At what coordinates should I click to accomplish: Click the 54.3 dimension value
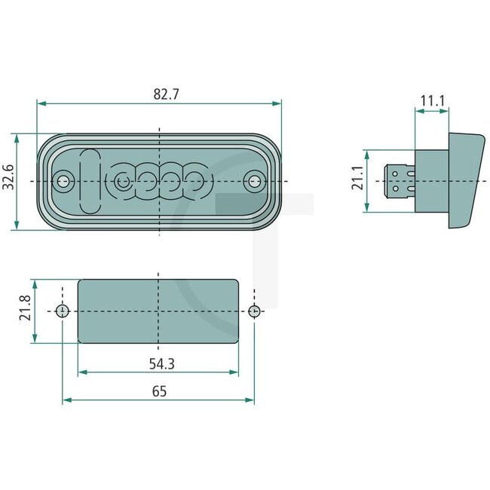(159, 363)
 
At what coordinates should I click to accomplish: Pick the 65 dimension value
(159, 391)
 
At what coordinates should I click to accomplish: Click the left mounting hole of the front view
(64, 181)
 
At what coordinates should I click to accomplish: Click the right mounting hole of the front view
(256, 181)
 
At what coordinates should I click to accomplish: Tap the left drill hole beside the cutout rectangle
(63, 311)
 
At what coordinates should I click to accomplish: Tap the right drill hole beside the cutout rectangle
(255, 311)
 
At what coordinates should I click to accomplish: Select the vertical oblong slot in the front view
(89, 181)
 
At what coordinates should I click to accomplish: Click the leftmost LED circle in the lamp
(122, 181)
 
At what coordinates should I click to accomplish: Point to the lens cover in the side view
(466, 180)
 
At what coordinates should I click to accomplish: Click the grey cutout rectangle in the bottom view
(159, 311)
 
